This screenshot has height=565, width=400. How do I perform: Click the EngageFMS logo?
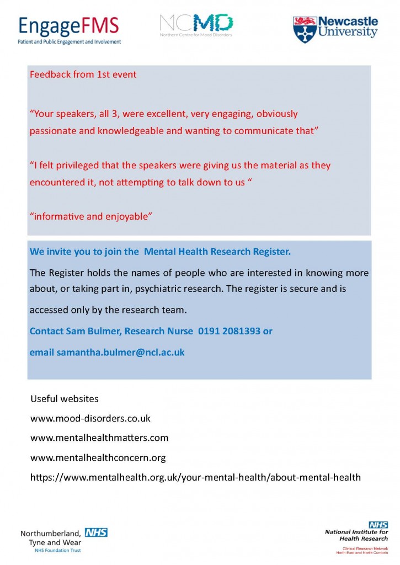pos(69,29)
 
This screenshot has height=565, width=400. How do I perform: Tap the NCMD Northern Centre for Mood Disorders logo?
pos(196,25)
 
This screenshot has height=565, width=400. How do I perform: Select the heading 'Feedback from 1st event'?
pos(83,74)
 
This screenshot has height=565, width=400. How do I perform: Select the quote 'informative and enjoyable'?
pos(91,216)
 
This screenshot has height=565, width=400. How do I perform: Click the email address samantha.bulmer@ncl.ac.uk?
pos(120,352)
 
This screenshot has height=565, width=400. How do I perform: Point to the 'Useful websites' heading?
pos(65,398)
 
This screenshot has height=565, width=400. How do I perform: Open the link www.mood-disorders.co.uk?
pos(90,418)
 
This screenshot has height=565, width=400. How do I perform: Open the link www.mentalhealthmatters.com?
pos(99,438)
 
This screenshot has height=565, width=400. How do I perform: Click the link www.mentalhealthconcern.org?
pos(98,458)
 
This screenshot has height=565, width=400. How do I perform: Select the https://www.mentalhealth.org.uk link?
pos(195,477)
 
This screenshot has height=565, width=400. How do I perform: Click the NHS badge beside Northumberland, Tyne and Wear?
pos(96,532)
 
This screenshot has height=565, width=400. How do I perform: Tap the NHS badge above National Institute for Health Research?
pos(378,524)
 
